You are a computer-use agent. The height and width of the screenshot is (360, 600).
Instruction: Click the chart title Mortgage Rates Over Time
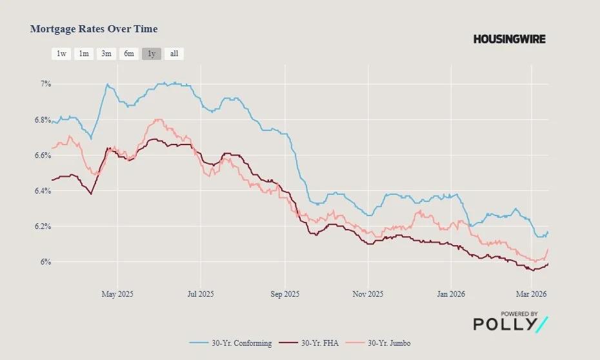pos(94,29)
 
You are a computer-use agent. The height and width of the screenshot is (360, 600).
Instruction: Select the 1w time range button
pos(61,54)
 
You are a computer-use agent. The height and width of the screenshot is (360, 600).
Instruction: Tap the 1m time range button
pos(84,54)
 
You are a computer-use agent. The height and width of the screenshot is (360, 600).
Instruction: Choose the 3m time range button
pos(106,54)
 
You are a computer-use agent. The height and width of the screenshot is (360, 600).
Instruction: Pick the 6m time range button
pos(129,54)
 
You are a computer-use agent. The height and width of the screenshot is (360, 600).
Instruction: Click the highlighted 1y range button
pos(152,54)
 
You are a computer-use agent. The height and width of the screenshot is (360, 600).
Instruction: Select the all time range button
pos(174,54)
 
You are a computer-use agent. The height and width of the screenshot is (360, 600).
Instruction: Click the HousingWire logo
pos(509,39)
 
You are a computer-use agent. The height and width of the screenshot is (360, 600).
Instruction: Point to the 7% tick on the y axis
pos(46,84)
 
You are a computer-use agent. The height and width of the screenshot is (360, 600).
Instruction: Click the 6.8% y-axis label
pos(43,120)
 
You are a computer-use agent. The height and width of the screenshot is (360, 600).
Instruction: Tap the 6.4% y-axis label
pos(43,191)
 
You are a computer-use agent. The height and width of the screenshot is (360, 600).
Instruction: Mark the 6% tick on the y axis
pos(46,262)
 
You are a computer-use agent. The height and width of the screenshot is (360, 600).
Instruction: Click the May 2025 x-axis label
pos(118,294)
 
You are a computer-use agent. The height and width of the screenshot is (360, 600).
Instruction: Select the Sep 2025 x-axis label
pos(285,294)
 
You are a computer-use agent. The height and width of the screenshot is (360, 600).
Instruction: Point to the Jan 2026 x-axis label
pos(451,294)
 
